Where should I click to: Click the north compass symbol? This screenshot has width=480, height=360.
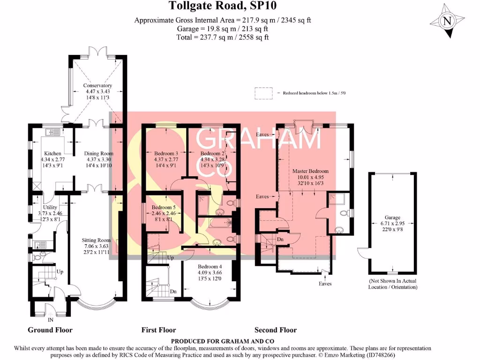point(447,21)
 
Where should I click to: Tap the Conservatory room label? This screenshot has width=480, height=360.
point(97,86)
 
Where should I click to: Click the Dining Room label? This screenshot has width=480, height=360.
point(98,153)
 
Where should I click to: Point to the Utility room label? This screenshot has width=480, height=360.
point(50,207)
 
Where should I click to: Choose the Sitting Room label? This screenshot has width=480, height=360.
point(98,240)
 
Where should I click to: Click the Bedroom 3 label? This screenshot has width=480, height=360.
point(166,153)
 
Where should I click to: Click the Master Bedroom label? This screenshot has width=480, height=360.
point(310,171)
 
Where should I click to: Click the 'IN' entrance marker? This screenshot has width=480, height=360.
point(50,320)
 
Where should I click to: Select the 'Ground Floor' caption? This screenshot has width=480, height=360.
point(50,330)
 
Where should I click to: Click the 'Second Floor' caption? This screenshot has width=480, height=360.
point(276,330)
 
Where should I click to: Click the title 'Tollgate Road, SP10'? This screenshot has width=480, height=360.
point(223,6)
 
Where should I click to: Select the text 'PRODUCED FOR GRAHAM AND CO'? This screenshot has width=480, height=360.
point(223,341)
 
